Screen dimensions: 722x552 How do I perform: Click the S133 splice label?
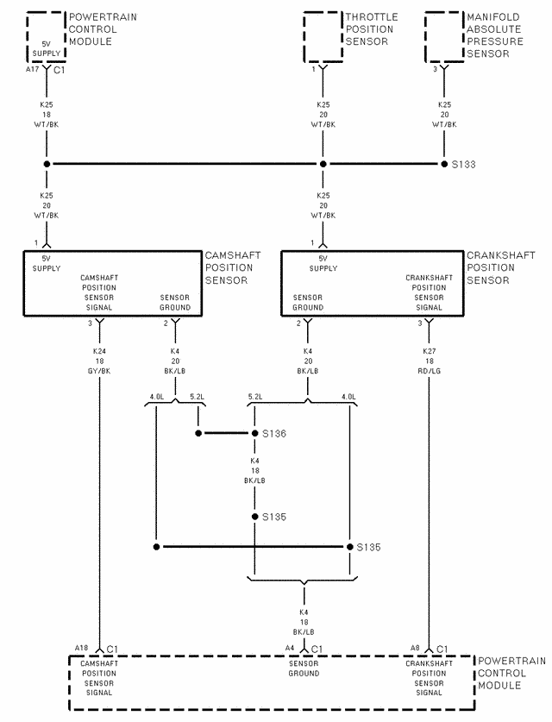[464, 164]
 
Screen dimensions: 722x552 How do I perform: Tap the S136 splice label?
[275, 434]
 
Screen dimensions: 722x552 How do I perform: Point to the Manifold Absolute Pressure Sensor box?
[443, 37]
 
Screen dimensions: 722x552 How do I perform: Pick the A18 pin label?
[81, 648]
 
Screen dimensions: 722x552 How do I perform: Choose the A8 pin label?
[415, 648]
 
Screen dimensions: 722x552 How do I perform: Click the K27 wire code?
[430, 352]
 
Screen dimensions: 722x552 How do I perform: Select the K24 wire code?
[99, 352]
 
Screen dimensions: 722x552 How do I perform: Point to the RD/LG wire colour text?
[430, 371]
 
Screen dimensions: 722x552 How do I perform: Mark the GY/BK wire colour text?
[99, 371]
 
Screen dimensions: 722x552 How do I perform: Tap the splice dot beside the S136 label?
[254, 434]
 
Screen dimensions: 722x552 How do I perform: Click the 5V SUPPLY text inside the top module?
[46, 49]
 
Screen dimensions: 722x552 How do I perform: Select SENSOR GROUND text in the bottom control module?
[304, 669]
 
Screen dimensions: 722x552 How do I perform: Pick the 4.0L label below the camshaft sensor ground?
[156, 397]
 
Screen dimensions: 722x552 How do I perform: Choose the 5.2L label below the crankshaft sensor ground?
[255, 397]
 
